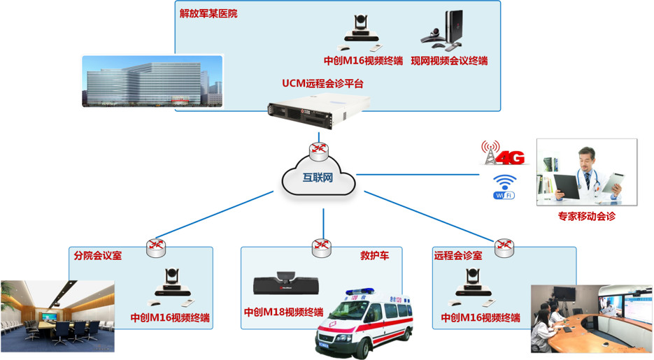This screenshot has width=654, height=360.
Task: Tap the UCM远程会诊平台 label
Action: pos(322,83)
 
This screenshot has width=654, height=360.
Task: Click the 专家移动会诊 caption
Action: pos(586,217)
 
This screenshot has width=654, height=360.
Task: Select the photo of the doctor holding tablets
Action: pos(586,172)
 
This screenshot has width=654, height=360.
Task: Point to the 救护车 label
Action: pos(370,255)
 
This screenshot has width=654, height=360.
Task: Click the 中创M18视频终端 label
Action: pos(283,312)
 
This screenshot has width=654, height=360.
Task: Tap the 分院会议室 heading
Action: pos(97,255)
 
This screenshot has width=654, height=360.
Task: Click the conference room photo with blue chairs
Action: pos(57,315)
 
